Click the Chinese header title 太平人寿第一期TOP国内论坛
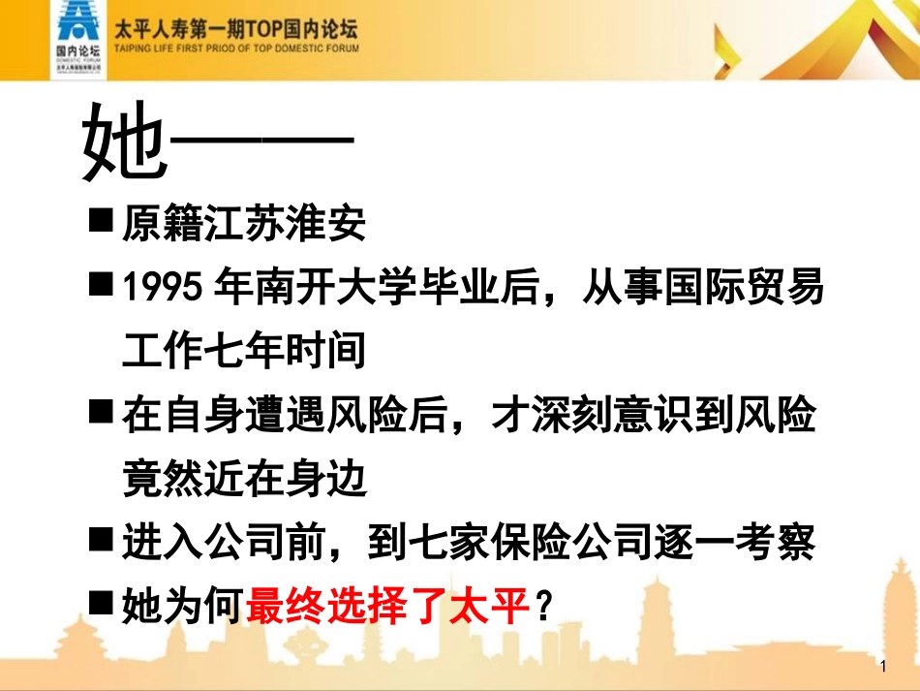[236, 29]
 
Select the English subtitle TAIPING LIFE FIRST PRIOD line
[236, 47]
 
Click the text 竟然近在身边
[244, 479]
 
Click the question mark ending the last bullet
[544, 607]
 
